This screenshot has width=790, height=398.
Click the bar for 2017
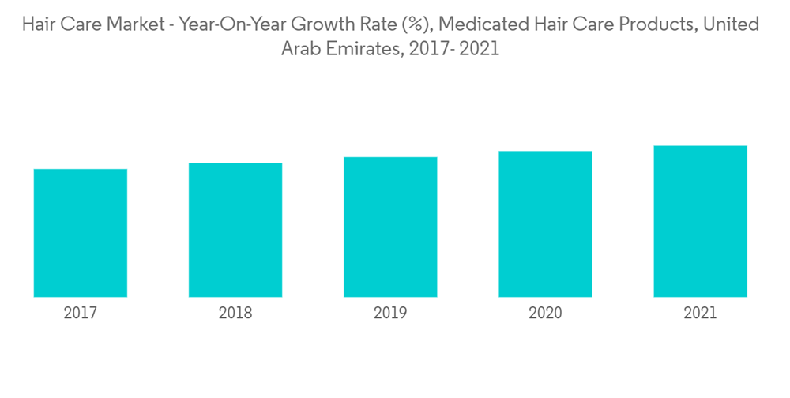81,233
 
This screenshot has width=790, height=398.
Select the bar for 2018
235,230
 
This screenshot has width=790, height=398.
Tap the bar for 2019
390,227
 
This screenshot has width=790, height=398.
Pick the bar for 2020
545,224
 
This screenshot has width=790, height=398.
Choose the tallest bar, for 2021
700,221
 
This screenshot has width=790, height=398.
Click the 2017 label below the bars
81,314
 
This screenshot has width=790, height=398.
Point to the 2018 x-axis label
235,314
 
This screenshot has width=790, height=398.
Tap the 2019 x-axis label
390,314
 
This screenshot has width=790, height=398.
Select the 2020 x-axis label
545,314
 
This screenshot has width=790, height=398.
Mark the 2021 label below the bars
700,314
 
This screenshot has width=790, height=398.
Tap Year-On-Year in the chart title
229,24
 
